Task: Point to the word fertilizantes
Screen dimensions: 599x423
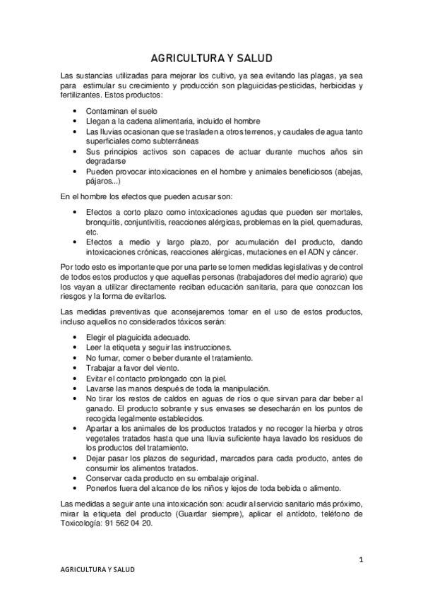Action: click(x=81, y=95)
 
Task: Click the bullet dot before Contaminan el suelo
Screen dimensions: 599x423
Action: click(x=76, y=112)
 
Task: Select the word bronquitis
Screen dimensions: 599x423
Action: click(x=104, y=223)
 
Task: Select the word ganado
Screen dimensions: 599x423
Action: click(x=100, y=409)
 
